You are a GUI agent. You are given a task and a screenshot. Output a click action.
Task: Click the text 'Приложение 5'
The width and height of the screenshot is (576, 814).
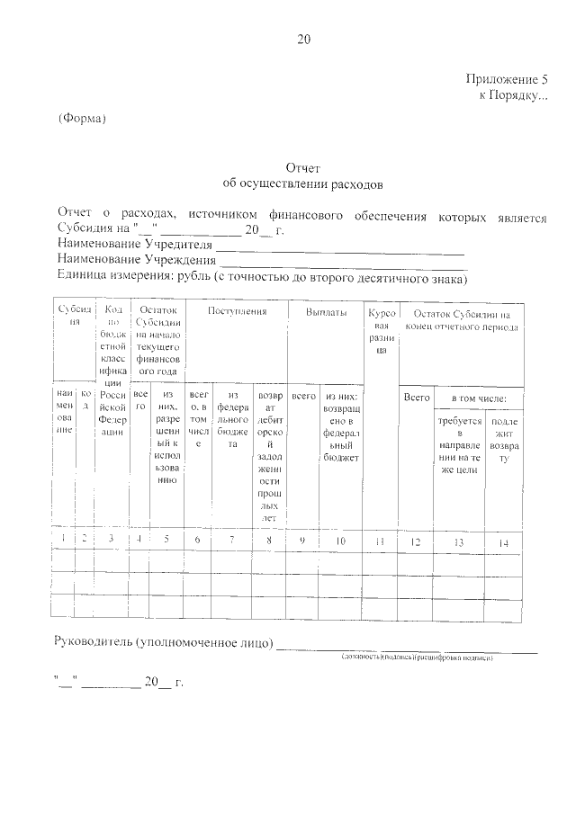tap(505, 78)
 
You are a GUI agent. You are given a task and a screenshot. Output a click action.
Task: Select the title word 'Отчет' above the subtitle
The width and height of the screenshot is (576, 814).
tap(302, 168)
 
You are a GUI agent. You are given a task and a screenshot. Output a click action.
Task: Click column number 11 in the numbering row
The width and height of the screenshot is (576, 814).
tap(380, 541)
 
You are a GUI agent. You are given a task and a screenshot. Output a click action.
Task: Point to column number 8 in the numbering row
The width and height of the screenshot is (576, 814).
tap(269, 540)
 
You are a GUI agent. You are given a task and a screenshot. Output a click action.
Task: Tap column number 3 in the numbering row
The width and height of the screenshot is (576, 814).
tap(111, 540)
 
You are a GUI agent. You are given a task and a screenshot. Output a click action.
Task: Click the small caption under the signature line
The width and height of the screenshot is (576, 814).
tap(418, 658)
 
